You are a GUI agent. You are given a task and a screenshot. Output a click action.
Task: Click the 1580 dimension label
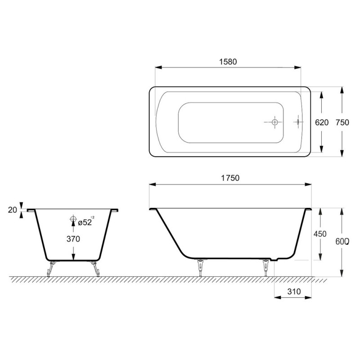(228, 62)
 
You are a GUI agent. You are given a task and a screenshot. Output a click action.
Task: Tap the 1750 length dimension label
(230, 178)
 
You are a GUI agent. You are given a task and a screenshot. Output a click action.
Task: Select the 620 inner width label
(322, 122)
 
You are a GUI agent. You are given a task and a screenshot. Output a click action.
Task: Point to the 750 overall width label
(342, 122)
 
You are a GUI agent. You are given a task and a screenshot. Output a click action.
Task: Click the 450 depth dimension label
(320, 234)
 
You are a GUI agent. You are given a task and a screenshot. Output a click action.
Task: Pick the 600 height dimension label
(342, 241)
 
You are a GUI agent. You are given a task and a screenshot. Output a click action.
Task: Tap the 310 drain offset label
(294, 291)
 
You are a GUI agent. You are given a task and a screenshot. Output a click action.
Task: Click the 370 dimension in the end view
(73, 239)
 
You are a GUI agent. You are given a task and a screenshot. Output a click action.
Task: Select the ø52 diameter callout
(85, 222)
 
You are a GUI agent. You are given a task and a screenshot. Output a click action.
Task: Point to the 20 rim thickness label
(13, 210)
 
